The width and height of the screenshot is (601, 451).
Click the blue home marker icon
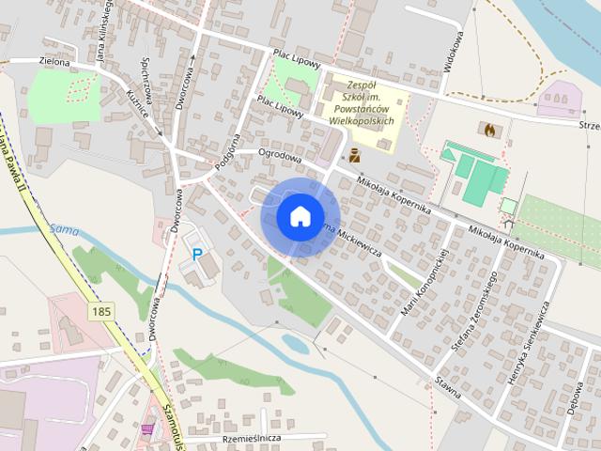pos(300,216)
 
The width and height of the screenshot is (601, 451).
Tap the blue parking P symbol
pos(197,254)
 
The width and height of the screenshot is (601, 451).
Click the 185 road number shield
pos(100,309)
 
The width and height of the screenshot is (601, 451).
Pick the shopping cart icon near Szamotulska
pos(147,428)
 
